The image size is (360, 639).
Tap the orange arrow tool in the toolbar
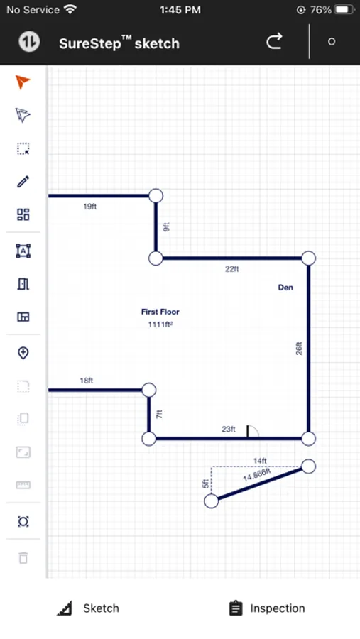coord(23,82)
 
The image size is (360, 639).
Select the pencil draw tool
coord(23,181)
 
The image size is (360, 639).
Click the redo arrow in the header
coord(274,41)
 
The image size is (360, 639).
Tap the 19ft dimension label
coord(89,206)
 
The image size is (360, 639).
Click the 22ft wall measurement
coord(232,269)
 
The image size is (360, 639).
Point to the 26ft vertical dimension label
coord(299,348)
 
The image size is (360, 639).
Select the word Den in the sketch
coord(285,288)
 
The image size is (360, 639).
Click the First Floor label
coord(160,312)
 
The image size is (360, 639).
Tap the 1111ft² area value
coord(160,324)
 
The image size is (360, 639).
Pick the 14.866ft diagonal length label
coord(257,475)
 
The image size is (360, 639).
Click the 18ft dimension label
coord(87,381)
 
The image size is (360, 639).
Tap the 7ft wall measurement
coord(160,414)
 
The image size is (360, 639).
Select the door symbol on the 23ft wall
coord(252,432)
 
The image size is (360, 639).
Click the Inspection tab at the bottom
coord(267,608)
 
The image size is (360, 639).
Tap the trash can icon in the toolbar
coord(23,557)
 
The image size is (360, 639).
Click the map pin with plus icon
coord(23,353)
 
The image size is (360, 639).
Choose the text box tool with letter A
coord(23,251)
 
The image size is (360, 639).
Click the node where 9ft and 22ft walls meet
coord(156,258)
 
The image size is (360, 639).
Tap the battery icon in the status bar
coord(344,10)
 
